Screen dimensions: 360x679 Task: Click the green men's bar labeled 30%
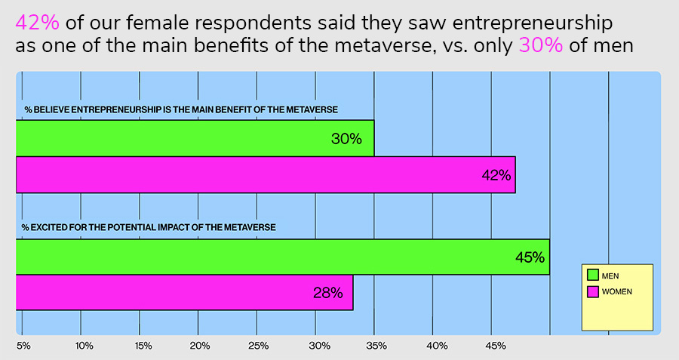(195, 138)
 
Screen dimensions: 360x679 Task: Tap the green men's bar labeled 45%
(282, 257)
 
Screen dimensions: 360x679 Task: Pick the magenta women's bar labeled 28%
(184, 292)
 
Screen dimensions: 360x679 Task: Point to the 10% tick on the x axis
(84, 346)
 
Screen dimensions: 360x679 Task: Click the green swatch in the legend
(592, 275)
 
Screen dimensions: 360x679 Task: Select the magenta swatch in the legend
(592, 291)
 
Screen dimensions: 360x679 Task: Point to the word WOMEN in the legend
(616, 291)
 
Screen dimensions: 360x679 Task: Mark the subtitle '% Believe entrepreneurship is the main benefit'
(180, 110)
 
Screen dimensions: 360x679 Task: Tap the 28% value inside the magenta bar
(327, 293)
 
